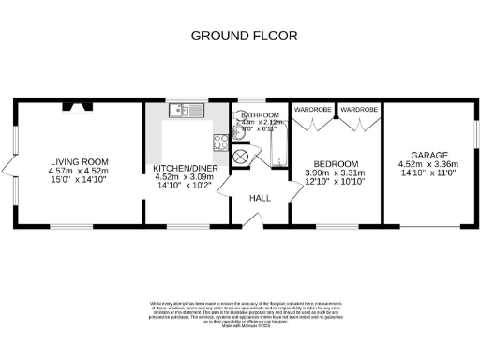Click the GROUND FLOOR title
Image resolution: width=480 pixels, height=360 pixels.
(x=244, y=36)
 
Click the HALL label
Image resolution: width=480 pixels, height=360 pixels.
(x=260, y=198)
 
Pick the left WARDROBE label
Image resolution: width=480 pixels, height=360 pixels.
(x=313, y=110)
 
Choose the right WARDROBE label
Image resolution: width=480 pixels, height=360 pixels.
(x=358, y=110)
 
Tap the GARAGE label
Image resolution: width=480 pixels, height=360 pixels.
(x=430, y=154)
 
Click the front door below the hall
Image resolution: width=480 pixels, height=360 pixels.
(x=249, y=220)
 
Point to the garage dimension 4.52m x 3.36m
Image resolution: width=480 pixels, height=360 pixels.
(x=430, y=164)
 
